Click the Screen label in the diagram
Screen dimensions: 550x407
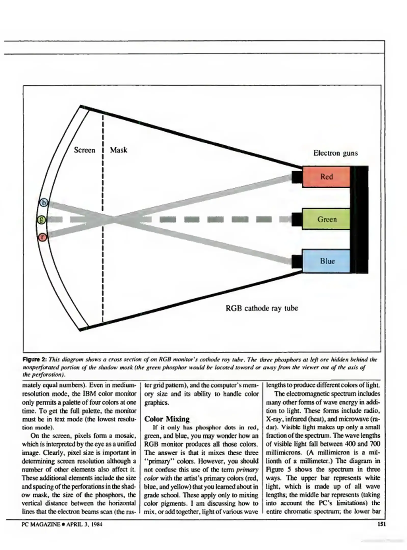pos(84,150)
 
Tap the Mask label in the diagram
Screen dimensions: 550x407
pos(119,150)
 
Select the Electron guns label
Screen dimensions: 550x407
pos(335,153)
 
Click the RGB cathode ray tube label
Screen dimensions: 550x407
pos(262,308)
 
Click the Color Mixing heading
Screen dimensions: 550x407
pos(167,419)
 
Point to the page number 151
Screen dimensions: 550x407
pos(381,524)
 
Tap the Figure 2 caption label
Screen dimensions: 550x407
pos(35,360)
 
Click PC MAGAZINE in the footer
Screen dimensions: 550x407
pos(41,524)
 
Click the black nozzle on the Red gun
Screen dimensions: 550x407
pos(297,177)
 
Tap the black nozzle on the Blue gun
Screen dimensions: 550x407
pos(297,262)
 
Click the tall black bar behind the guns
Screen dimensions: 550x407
pos(359,219)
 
